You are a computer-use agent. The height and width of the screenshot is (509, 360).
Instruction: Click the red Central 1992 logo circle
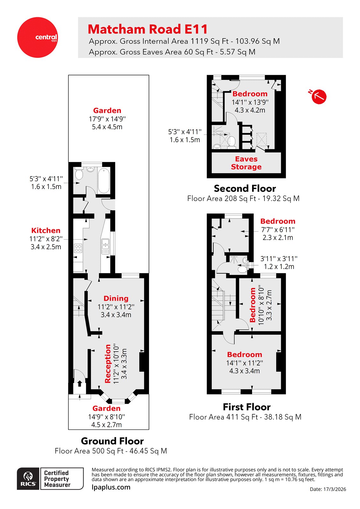(37, 37)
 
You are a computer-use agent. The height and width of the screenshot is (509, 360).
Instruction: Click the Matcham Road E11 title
(147, 29)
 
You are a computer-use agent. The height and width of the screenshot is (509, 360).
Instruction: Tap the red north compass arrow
(319, 96)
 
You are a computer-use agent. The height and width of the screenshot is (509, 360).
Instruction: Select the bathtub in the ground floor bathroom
(103, 181)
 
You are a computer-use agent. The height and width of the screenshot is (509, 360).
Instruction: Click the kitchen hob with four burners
(78, 248)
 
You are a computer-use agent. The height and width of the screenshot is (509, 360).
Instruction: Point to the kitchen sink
(105, 244)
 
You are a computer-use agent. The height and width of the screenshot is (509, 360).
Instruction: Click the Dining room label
(116, 298)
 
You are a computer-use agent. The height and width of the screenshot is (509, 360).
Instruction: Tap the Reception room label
(108, 363)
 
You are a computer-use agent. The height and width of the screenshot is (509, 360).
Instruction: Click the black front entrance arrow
(80, 384)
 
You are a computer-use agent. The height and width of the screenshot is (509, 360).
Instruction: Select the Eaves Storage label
(246, 163)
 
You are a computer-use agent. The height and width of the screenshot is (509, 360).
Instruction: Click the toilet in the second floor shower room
(232, 142)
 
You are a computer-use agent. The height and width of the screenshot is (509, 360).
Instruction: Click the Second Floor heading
(244, 188)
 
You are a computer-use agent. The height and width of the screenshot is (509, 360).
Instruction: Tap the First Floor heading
(246, 407)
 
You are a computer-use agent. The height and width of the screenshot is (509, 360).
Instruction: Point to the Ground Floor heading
(112, 441)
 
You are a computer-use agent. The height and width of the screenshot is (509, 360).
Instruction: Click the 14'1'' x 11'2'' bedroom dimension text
(244, 363)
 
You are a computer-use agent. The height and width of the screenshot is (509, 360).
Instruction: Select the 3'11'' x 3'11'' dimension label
(279, 259)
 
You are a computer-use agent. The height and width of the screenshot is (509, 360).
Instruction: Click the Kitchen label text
(46, 231)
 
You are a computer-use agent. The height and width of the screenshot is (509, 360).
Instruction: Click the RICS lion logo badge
(28, 479)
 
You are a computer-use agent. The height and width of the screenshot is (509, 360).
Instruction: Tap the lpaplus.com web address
(111, 487)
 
